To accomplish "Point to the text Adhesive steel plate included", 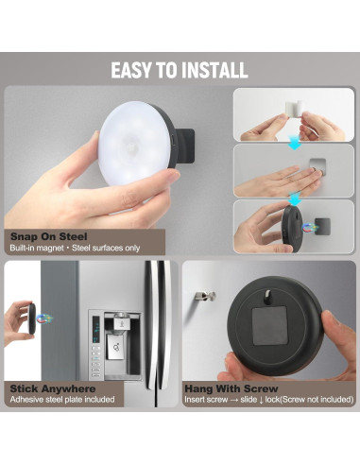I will [61, 400].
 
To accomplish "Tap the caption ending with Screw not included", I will [268, 400].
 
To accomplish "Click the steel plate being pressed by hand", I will [317, 172].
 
